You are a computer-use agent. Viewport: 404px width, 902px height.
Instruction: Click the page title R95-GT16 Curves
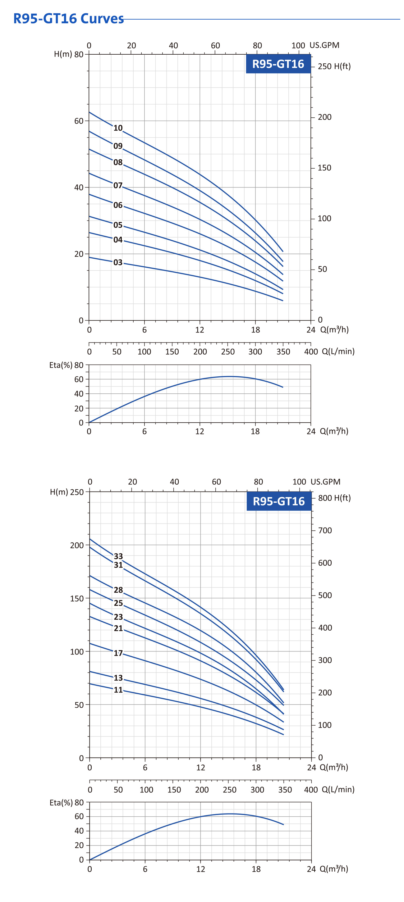[x=68, y=19]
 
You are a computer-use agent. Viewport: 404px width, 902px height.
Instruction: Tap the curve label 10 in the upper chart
[x=118, y=128]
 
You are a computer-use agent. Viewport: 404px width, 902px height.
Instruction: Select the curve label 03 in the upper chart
[x=118, y=263]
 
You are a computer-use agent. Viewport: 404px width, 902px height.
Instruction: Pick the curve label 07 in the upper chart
[x=118, y=186]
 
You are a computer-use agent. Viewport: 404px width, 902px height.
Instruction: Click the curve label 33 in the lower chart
[x=118, y=556]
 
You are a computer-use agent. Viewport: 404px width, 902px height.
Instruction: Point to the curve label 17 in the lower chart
[x=118, y=653]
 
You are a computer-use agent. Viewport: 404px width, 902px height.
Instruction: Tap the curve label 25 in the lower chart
[x=118, y=603]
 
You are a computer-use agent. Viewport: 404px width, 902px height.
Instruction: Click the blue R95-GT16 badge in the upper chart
[x=278, y=64]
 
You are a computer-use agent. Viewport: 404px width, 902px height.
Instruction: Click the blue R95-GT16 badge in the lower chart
[x=278, y=501]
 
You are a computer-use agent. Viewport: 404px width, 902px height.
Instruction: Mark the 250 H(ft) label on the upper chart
[x=334, y=66]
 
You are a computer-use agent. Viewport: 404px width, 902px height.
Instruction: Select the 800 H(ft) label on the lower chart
[x=334, y=497]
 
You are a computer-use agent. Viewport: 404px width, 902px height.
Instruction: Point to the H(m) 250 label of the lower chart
[x=67, y=492]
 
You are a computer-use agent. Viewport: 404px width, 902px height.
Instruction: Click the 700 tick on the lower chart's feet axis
[x=324, y=530]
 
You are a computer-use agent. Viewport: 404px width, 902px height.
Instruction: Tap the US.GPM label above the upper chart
[x=324, y=45]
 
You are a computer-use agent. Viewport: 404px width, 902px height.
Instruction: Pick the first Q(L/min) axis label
[x=338, y=351]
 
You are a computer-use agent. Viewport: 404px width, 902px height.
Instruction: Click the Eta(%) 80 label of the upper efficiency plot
[x=66, y=365]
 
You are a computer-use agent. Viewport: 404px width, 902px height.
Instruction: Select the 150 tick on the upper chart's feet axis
[x=324, y=168]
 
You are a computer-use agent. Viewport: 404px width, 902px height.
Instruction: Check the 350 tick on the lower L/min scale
[x=285, y=790]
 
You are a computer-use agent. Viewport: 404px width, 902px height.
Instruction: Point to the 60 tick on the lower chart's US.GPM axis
[x=216, y=482]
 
